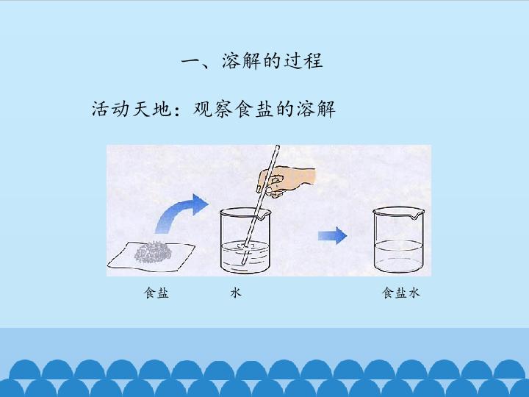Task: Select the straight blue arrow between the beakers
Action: pyautogui.click(x=332, y=235)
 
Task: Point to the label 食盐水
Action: pyautogui.click(x=401, y=293)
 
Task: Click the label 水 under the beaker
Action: pyautogui.click(x=236, y=293)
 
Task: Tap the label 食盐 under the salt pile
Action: pyautogui.click(x=156, y=293)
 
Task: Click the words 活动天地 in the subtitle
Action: pyautogui.click(x=132, y=109)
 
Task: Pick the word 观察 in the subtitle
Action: pyautogui.click(x=213, y=109)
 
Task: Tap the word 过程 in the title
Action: pyautogui.click(x=303, y=61)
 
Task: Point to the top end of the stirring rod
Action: pyautogui.click(x=278, y=146)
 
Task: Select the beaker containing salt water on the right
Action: pyautogui.click(x=398, y=239)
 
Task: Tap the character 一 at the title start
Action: pyautogui.click(x=192, y=62)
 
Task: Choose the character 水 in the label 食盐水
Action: pyautogui.click(x=414, y=293)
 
